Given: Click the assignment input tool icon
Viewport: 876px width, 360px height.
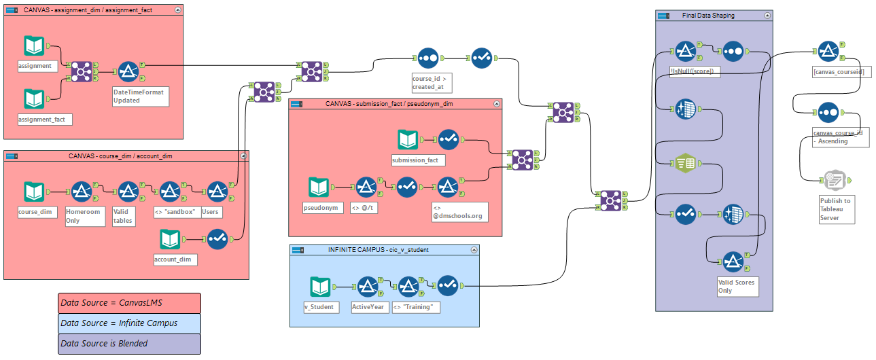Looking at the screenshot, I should [34, 46].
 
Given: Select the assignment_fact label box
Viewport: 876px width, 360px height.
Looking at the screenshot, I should [44, 119].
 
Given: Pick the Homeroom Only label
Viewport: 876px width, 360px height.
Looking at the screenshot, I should [83, 216].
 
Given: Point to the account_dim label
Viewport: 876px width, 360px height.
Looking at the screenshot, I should [175, 259].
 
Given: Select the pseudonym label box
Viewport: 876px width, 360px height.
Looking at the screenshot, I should [321, 207].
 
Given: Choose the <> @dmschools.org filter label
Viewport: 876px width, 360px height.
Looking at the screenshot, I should [459, 211].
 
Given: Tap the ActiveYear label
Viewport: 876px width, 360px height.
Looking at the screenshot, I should [368, 307].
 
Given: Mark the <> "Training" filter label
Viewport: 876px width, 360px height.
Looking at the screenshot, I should [417, 307].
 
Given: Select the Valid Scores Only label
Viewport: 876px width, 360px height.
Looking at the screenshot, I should [736, 286].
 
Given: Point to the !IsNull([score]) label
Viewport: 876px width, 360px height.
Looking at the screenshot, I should [695, 71].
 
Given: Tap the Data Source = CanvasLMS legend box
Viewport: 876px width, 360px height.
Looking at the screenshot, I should [129, 303].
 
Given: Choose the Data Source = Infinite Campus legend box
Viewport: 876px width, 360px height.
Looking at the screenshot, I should [129, 323].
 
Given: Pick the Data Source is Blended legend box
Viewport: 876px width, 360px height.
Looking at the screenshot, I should [129, 344].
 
